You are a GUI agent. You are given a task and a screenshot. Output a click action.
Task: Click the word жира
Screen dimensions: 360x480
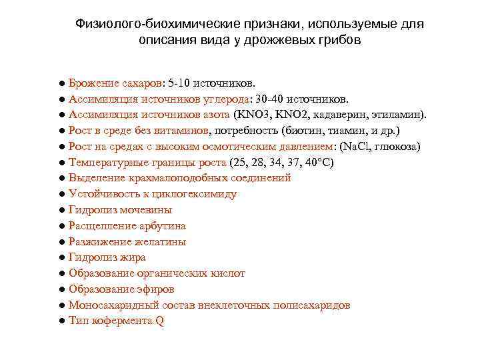[x=131, y=257]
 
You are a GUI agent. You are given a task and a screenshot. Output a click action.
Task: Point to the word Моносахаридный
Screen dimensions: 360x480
[x=109, y=305]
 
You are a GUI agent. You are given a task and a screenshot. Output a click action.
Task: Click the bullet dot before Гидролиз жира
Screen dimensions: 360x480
[x=61, y=257]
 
